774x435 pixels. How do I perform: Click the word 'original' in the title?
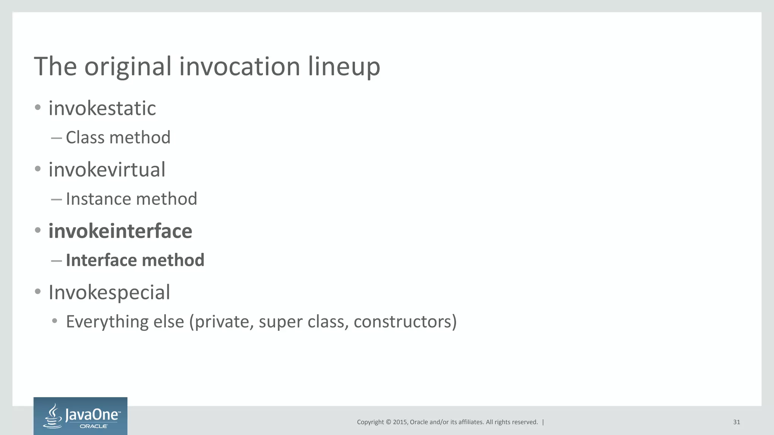coord(128,67)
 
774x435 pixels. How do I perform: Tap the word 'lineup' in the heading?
coord(344,67)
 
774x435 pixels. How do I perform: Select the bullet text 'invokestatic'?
coord(102,108)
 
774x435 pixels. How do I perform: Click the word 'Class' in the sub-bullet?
coord(85,137)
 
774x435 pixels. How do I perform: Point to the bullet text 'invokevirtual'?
coord(107,170)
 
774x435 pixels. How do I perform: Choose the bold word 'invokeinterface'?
coord(120,231)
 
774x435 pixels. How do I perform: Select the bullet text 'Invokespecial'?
coord(109,293)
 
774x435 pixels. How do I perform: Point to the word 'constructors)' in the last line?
coord(405,322)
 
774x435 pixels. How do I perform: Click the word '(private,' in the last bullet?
coord(221,322)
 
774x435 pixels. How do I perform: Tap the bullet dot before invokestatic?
coord(37,108)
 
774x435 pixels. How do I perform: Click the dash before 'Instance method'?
coord(56,199)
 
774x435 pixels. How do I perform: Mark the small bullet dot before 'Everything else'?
coord(55,321)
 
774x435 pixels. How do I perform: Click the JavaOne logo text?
coord(92,415)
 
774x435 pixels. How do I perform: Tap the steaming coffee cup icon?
coord(53,416)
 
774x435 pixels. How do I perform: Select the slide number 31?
coord(736,422)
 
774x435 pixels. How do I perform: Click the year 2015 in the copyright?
coord(400,422)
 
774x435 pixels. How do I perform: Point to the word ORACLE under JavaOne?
coord(93,426)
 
